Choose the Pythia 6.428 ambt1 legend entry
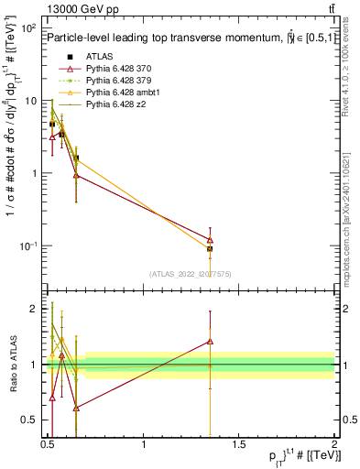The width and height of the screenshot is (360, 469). (x=123, y=93)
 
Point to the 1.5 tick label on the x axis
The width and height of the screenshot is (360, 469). (x=239, y=444)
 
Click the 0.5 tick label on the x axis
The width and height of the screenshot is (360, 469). (x=49, y=444)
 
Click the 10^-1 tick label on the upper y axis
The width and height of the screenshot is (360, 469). (x=27, y=245)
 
